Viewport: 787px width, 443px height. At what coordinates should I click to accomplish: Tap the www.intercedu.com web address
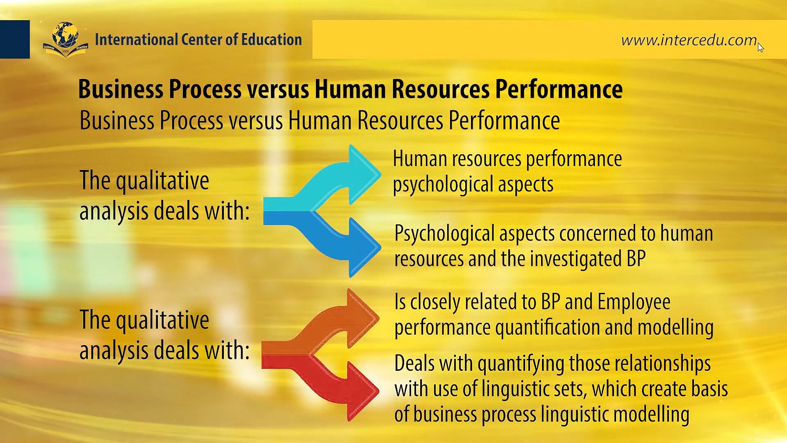[689, 40]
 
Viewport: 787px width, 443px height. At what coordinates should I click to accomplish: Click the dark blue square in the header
[15, 39]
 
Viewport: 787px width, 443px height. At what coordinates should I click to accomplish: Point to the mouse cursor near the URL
[761, 47]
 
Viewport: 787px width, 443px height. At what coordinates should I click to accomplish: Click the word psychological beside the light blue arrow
[442, 184]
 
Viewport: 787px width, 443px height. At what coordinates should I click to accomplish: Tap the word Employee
[634, 302]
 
